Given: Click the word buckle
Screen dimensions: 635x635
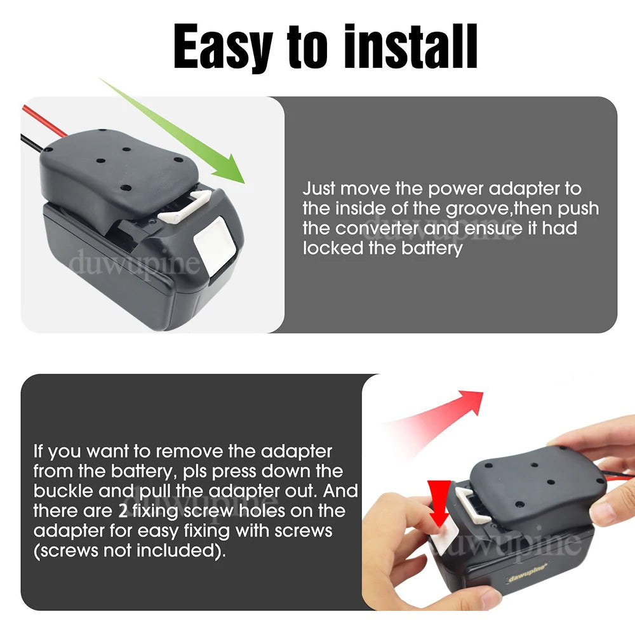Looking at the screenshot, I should coord(65,491).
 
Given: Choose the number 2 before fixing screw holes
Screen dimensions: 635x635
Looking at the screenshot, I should coord(123,511).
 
